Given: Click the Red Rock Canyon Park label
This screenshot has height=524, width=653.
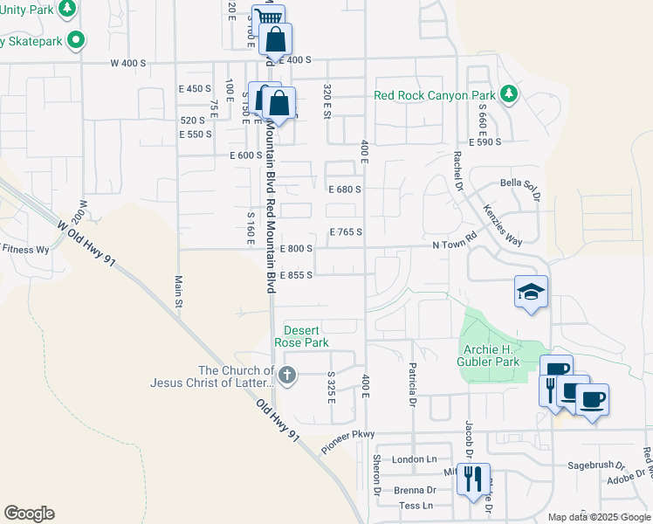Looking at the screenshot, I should [x=434, y=95].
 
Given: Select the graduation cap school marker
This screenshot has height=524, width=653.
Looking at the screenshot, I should [x=531, y=293].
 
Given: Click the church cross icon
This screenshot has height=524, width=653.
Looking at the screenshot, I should [x=288, y=376].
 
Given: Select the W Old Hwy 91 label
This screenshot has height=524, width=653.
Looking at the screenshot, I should [x=86, y=243].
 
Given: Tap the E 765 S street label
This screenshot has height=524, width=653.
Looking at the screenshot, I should [x=345, y=231].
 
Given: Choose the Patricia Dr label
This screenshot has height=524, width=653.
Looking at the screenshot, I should [x=409, y=385].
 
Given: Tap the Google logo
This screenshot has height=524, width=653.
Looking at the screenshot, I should [x=29, y=514].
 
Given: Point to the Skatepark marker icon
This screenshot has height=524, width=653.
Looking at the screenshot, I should [x=76, y=39].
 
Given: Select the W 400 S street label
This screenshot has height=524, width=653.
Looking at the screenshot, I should [x=127, y=63].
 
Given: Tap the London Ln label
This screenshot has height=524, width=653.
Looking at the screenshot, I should [x=414, y=459].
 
